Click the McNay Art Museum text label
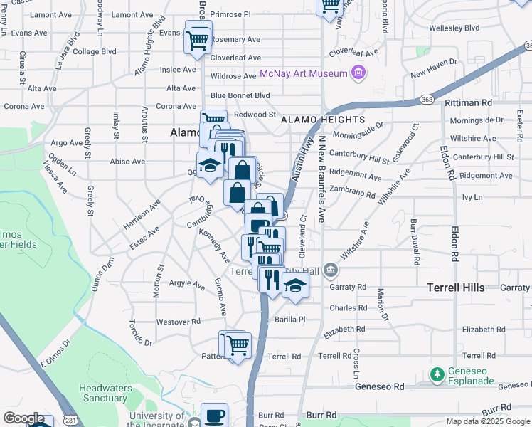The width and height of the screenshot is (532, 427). [303, 73]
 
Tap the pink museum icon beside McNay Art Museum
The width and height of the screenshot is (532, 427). [358, 73]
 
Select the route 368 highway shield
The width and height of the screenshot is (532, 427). [427, 99]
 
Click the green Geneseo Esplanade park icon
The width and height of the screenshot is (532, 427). [437, 373]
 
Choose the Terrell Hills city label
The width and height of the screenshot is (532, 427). [455, 288]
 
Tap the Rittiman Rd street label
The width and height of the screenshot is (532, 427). [467, 102]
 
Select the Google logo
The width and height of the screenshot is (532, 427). [24, 418]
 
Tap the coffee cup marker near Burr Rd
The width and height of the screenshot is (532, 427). [214, 416]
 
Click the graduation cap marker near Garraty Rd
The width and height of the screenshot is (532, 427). [294, 286]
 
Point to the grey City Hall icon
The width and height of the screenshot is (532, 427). [330, 270]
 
